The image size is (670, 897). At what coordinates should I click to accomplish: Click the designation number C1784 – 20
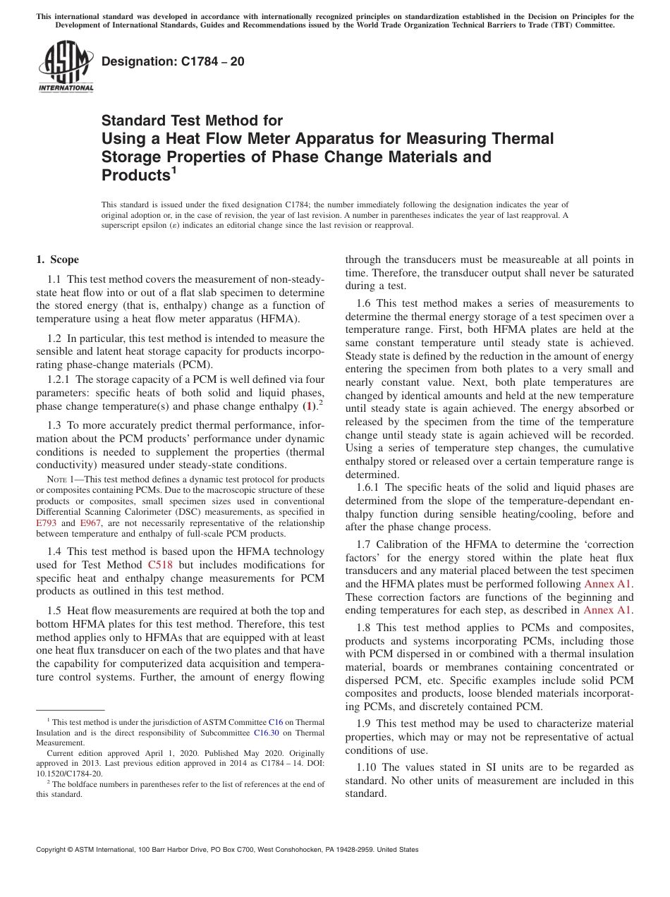173,61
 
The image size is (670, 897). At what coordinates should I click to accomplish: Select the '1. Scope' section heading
58,260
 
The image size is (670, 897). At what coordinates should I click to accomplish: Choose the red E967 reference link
91,523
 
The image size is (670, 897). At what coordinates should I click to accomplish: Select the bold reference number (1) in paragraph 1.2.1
308,406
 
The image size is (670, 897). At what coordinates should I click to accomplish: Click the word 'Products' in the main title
136,175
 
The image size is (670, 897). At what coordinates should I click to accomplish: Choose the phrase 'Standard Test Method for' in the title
192,121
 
